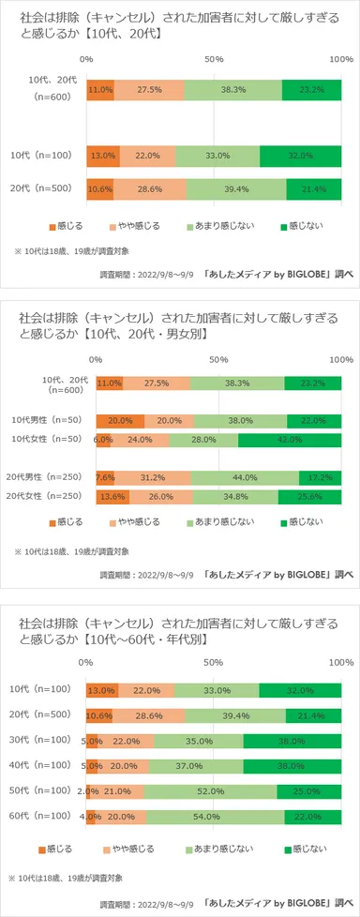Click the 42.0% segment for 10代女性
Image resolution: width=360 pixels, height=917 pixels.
coord(290,440)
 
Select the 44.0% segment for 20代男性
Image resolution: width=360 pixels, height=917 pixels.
coord(245,477)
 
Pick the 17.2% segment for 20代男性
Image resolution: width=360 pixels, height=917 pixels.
coord(321,477)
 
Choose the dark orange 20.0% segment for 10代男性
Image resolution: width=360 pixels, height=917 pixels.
coord(120,421)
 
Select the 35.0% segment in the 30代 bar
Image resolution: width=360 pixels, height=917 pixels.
coord(198,714)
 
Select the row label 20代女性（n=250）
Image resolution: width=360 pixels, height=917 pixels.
coord(45,496)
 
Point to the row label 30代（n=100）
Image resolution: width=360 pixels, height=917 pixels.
coord(45,714)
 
